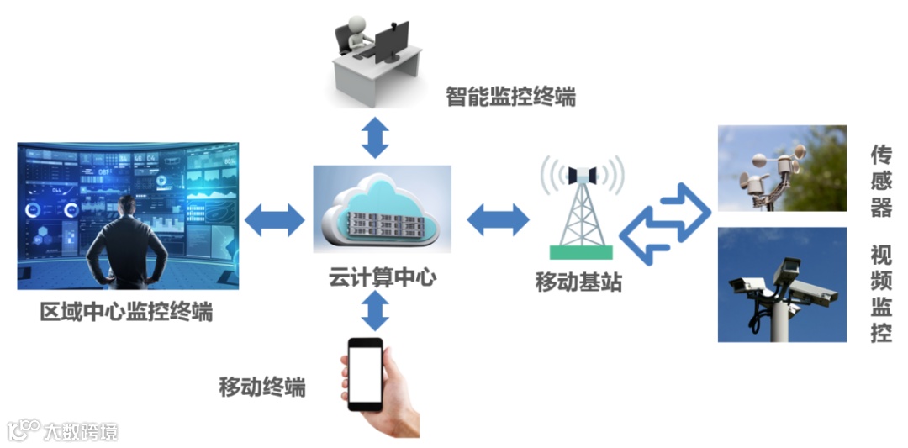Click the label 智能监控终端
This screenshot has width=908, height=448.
(x=510, y=98)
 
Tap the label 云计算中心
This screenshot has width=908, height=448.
(x=383, y=277)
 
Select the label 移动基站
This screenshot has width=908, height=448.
(x=578, y=282)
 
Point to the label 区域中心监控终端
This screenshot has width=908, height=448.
(x=126, y=313)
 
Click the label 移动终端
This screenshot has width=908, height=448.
(x=261, y=387)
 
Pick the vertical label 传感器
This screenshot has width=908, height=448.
(x=880, y=181)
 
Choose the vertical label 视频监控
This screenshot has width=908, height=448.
(x=880, y=293)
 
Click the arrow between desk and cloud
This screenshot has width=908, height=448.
(x=376, y=136)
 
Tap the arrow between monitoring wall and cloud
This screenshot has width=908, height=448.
(x=275, y=219)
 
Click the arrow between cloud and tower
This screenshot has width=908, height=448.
(x=498, y=219)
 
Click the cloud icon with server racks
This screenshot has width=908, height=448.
(x=382, y=211)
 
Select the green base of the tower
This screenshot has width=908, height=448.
(x=581, y=251)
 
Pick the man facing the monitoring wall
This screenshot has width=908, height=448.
(x=125, y=244)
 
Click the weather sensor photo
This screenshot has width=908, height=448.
(x=781, y=168)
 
